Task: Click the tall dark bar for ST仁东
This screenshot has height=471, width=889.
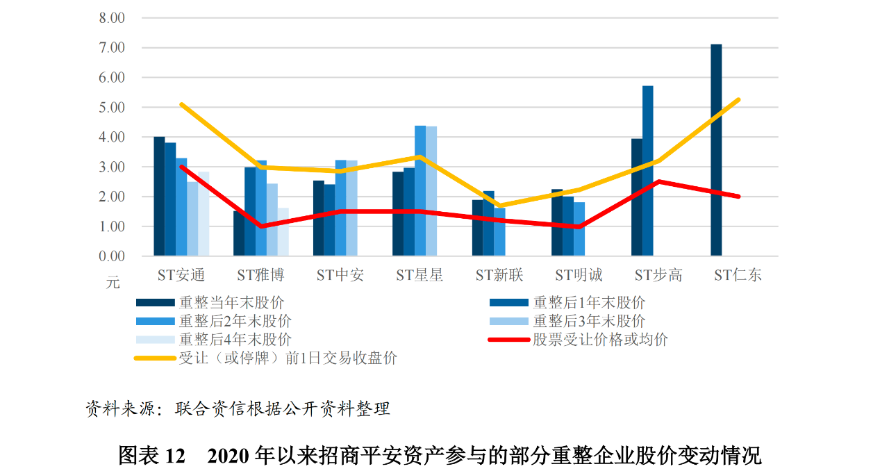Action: click(716, 150)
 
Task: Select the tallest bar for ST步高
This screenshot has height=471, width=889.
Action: click(647, 171)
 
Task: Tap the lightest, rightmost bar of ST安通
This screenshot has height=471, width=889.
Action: click(203, 214)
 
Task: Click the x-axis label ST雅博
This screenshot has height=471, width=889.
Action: click(260, 275)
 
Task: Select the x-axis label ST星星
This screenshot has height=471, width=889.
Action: click(419, 275)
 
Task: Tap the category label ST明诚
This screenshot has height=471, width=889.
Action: click(579, 275)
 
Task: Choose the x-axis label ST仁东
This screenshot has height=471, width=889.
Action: click(738, 275)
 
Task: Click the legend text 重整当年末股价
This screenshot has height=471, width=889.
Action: click(231, 303)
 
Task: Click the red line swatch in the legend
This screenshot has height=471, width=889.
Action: click(509, 340)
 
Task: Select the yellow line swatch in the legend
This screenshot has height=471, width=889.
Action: click(155, 358)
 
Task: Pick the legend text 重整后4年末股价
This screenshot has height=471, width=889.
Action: click(235, 340)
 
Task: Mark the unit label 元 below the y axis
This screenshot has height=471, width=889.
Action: click(113, 283)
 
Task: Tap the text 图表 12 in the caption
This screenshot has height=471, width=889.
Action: click(151, 456)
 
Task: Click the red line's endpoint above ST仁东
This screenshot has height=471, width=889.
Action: click(738, 197)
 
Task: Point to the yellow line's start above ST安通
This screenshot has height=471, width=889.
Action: click(181, 104)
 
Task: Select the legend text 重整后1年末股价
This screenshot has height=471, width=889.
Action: click(589, 303)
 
